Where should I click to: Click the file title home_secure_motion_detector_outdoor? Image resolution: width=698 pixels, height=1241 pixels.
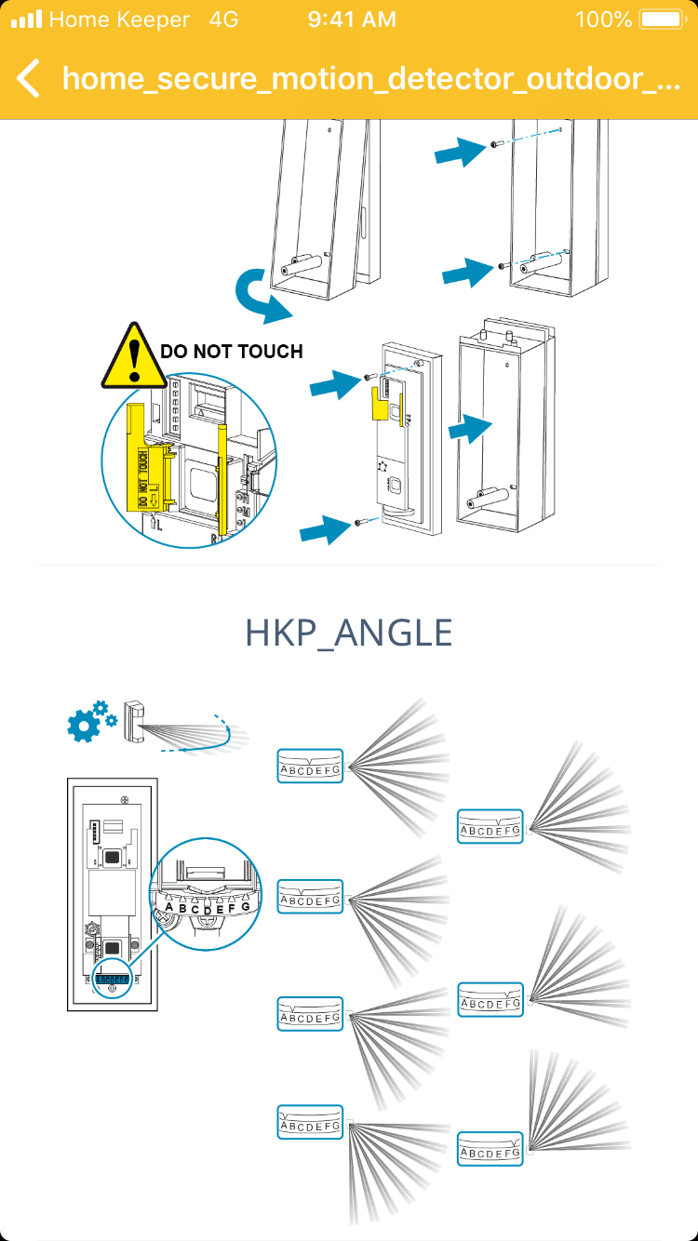point(370,78)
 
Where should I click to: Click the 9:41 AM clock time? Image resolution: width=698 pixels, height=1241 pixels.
point(352,20)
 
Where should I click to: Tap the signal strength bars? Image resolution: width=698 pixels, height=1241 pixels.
point(27,20)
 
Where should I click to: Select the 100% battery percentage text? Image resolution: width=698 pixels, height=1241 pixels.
point(604,20)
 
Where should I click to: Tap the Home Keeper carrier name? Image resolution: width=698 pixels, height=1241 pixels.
point(119,20)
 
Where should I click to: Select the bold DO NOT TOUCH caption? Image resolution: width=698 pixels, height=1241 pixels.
point(232,352)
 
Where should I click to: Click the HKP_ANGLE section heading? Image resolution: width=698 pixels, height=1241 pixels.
point(349,633)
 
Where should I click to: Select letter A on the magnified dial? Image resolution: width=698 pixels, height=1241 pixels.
point(168,906)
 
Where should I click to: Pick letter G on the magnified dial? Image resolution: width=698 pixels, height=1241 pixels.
point(245,906)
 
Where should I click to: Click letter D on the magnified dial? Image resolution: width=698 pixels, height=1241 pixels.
point(208,911)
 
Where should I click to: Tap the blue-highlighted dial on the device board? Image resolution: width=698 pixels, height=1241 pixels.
point(113,979)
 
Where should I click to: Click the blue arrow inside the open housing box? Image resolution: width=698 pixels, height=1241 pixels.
point(471,430)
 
